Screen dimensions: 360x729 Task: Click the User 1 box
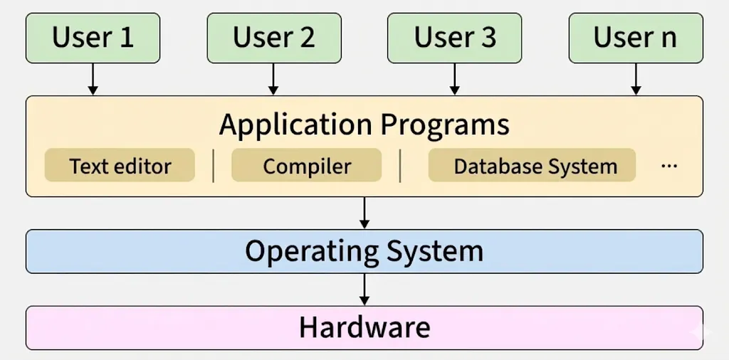[93, 38]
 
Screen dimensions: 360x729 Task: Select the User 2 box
[274, 38]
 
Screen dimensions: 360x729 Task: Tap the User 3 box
[455, 38]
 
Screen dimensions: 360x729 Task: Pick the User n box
[636, 38]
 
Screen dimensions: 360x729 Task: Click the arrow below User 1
[93, 79]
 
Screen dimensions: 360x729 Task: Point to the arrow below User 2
[273, 79]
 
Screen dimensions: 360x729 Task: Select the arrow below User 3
[455, 79]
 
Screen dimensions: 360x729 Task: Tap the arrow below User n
[636, 79]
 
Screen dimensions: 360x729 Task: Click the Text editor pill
[120, 166]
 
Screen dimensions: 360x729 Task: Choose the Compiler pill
[307, 166]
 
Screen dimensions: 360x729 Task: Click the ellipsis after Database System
[669, 166]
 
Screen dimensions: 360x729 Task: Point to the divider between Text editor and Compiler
[214, 166]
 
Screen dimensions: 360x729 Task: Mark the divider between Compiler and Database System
[401, 166]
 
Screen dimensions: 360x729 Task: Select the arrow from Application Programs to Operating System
[364, 213]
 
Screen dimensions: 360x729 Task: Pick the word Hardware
[364, 327]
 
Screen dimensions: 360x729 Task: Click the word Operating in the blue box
[311, 251]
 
